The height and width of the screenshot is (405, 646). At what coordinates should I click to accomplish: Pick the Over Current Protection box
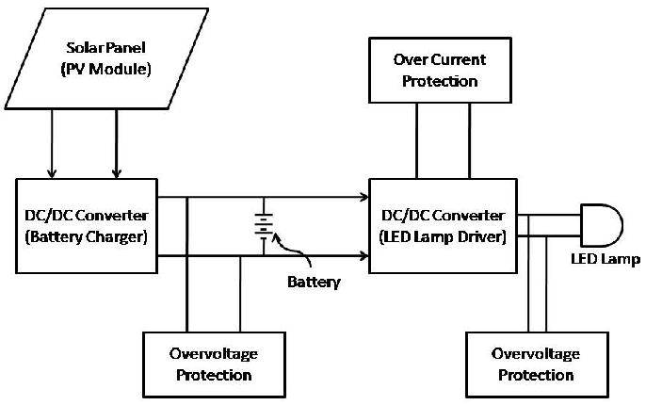440,71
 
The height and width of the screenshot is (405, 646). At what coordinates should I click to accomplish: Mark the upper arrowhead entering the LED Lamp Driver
363,198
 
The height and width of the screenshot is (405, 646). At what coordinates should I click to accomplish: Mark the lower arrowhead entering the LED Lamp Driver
363,255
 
